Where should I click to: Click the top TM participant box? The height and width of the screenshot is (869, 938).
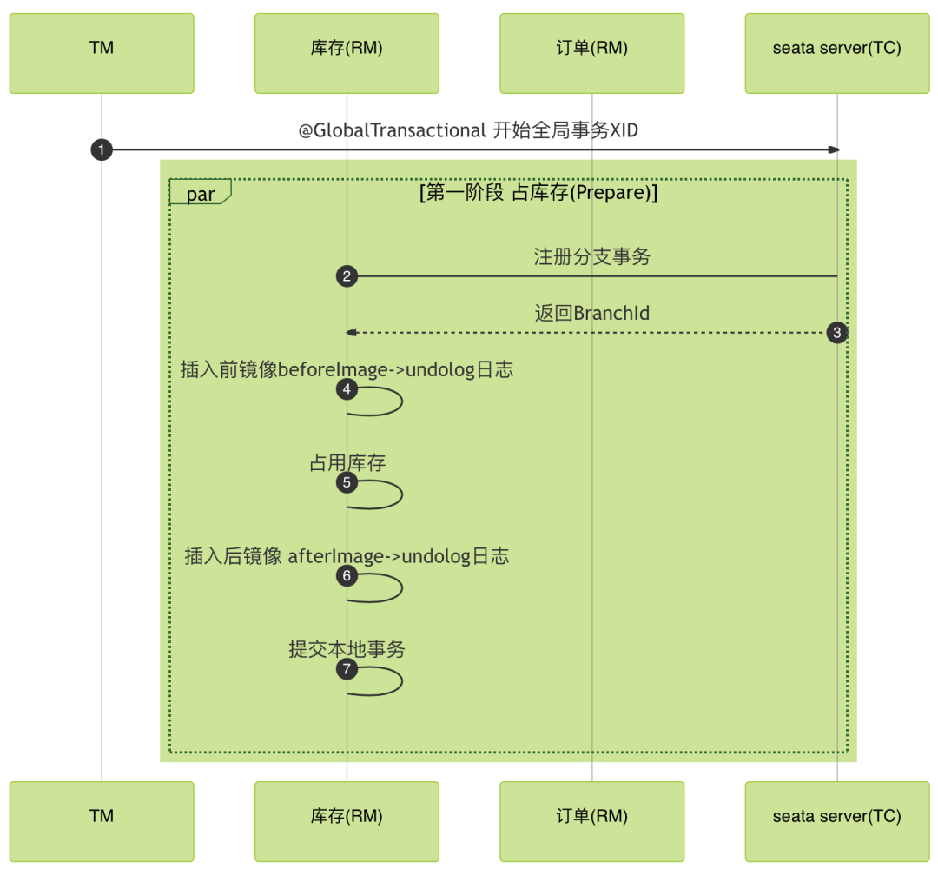click(102, 53)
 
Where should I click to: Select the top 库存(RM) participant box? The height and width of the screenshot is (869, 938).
click(347, 53)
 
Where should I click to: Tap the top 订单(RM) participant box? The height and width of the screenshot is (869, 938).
click(591, 53)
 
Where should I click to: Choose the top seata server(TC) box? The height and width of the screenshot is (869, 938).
click(836, 53)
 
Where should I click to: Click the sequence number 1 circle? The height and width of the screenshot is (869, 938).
click(102, 150)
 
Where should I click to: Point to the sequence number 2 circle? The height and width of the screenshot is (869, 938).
click(347, 276)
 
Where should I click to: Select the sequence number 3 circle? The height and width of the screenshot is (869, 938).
click(836, 332)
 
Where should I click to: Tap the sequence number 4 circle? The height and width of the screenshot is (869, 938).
click(347, 388)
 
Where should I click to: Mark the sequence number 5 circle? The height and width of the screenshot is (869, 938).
click(347, 481)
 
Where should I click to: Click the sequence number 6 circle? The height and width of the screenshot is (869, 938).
click(347, 574)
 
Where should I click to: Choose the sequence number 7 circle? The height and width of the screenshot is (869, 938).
click(347, 668)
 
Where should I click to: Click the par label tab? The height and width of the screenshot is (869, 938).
click(200, 193)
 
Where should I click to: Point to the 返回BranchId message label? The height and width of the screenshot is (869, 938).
click(591, 313)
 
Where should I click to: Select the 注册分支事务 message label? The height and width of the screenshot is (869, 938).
click(591, 256)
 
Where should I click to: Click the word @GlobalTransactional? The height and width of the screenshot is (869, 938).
click(393, 130)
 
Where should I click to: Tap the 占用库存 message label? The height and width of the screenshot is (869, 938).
click(347, 462)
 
